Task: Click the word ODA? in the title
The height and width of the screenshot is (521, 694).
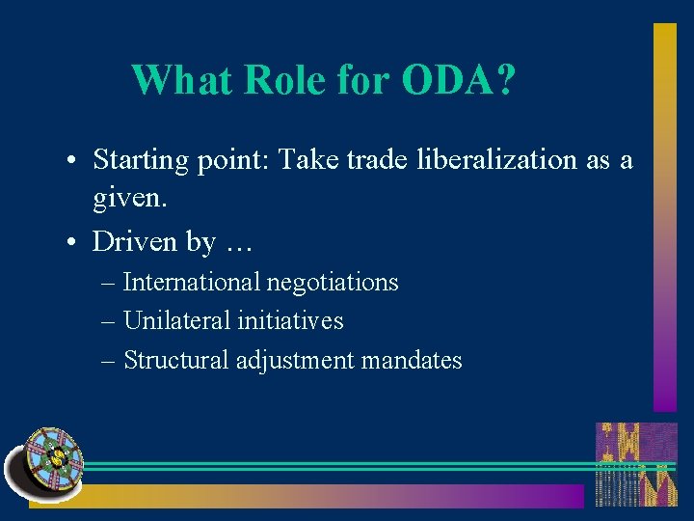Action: (x=458, y=81)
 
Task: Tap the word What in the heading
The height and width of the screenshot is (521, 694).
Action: (x=182, y=81)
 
